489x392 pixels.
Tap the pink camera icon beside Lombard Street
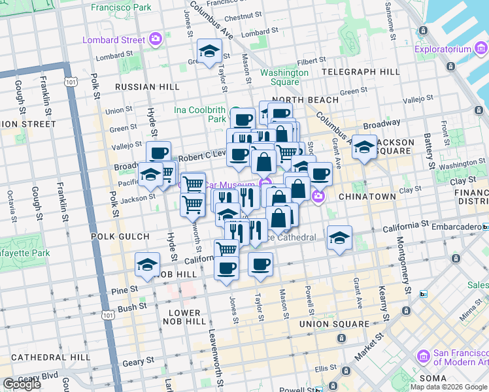point(156,39)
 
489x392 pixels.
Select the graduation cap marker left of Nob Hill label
point(148,265)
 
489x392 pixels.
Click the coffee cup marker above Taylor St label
point(260,265)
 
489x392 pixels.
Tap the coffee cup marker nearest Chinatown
point(320,174)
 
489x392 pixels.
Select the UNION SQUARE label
point(334,324)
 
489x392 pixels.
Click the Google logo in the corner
point(22,384)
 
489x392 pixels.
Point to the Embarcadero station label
point(456,227)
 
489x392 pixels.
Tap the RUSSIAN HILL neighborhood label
point(147,86)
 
